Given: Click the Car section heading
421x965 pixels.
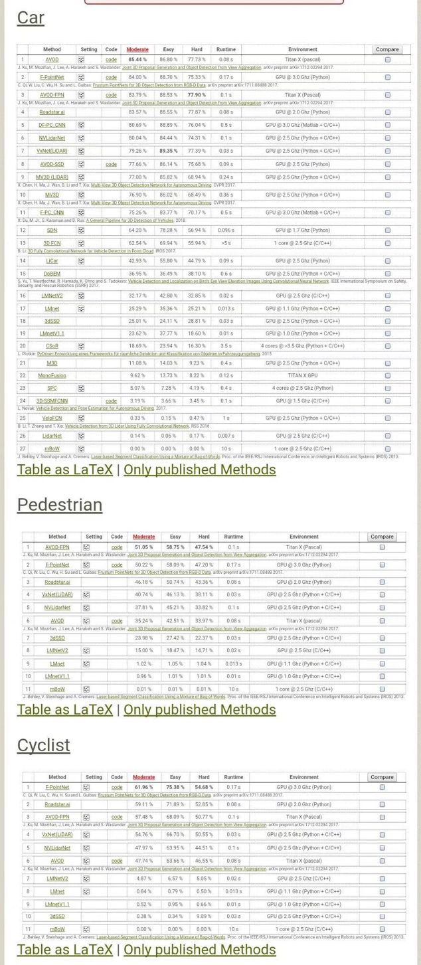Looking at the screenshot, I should click(x=31, y=17).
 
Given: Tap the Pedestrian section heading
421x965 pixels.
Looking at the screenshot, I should click(x=60, y=505).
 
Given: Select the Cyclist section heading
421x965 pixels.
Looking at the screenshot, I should click(x=43, y=745).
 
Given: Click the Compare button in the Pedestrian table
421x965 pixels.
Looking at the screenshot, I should click(x=382, y=537).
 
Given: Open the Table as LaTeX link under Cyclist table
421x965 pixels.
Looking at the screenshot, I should click(x=65, y=949).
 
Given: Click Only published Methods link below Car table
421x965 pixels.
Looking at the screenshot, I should click(x=200, y=470).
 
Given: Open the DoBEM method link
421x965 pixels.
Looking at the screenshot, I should click(x=52, y=274).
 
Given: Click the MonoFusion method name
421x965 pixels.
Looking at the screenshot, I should click(x=52, y=376).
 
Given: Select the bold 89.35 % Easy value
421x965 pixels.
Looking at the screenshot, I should click(x=175, y=151).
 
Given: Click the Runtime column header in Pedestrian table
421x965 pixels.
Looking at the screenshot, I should click(x=233, y=537).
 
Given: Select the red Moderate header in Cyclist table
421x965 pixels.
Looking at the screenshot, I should click(x=143, y=777).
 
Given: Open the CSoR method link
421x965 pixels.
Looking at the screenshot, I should click(x=52, y=346).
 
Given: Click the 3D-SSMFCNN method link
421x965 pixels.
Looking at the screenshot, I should click(x=52, y=401).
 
